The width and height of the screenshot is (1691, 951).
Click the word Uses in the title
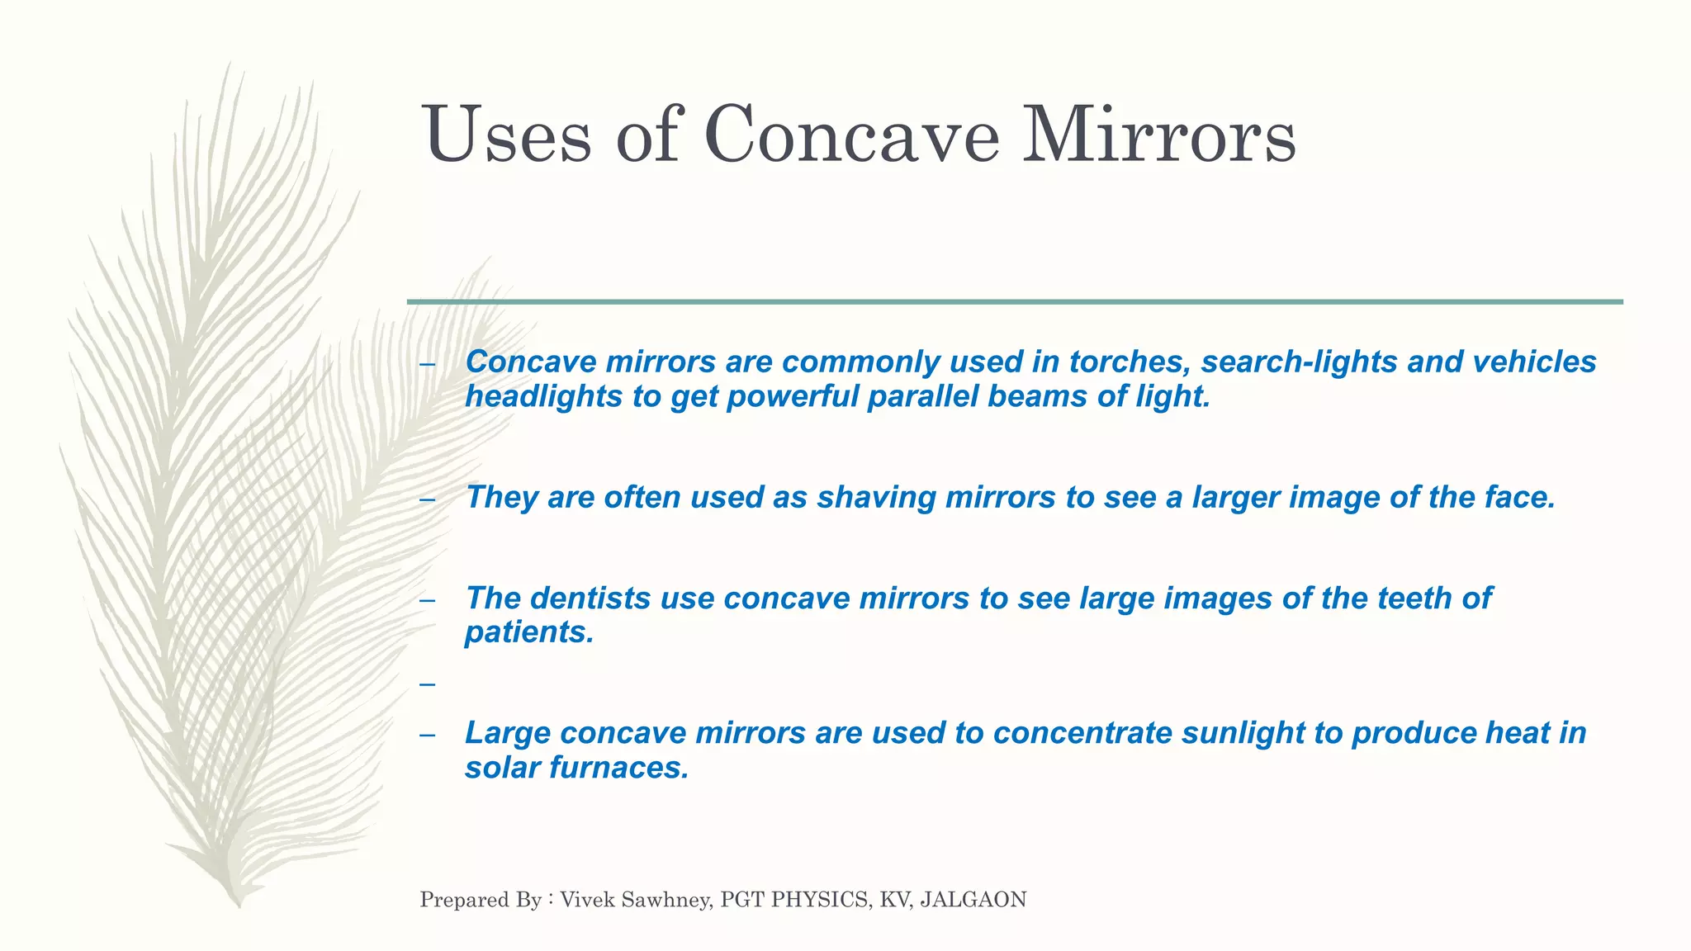[507, 135]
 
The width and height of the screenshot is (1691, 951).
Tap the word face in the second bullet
[1525, 497]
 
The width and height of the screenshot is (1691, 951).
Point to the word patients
[529, 632]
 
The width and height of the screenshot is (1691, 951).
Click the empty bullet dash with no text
[427, 684]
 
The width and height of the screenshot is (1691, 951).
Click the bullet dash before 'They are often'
[427, 499]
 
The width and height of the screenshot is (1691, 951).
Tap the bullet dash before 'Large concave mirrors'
[427, 735]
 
